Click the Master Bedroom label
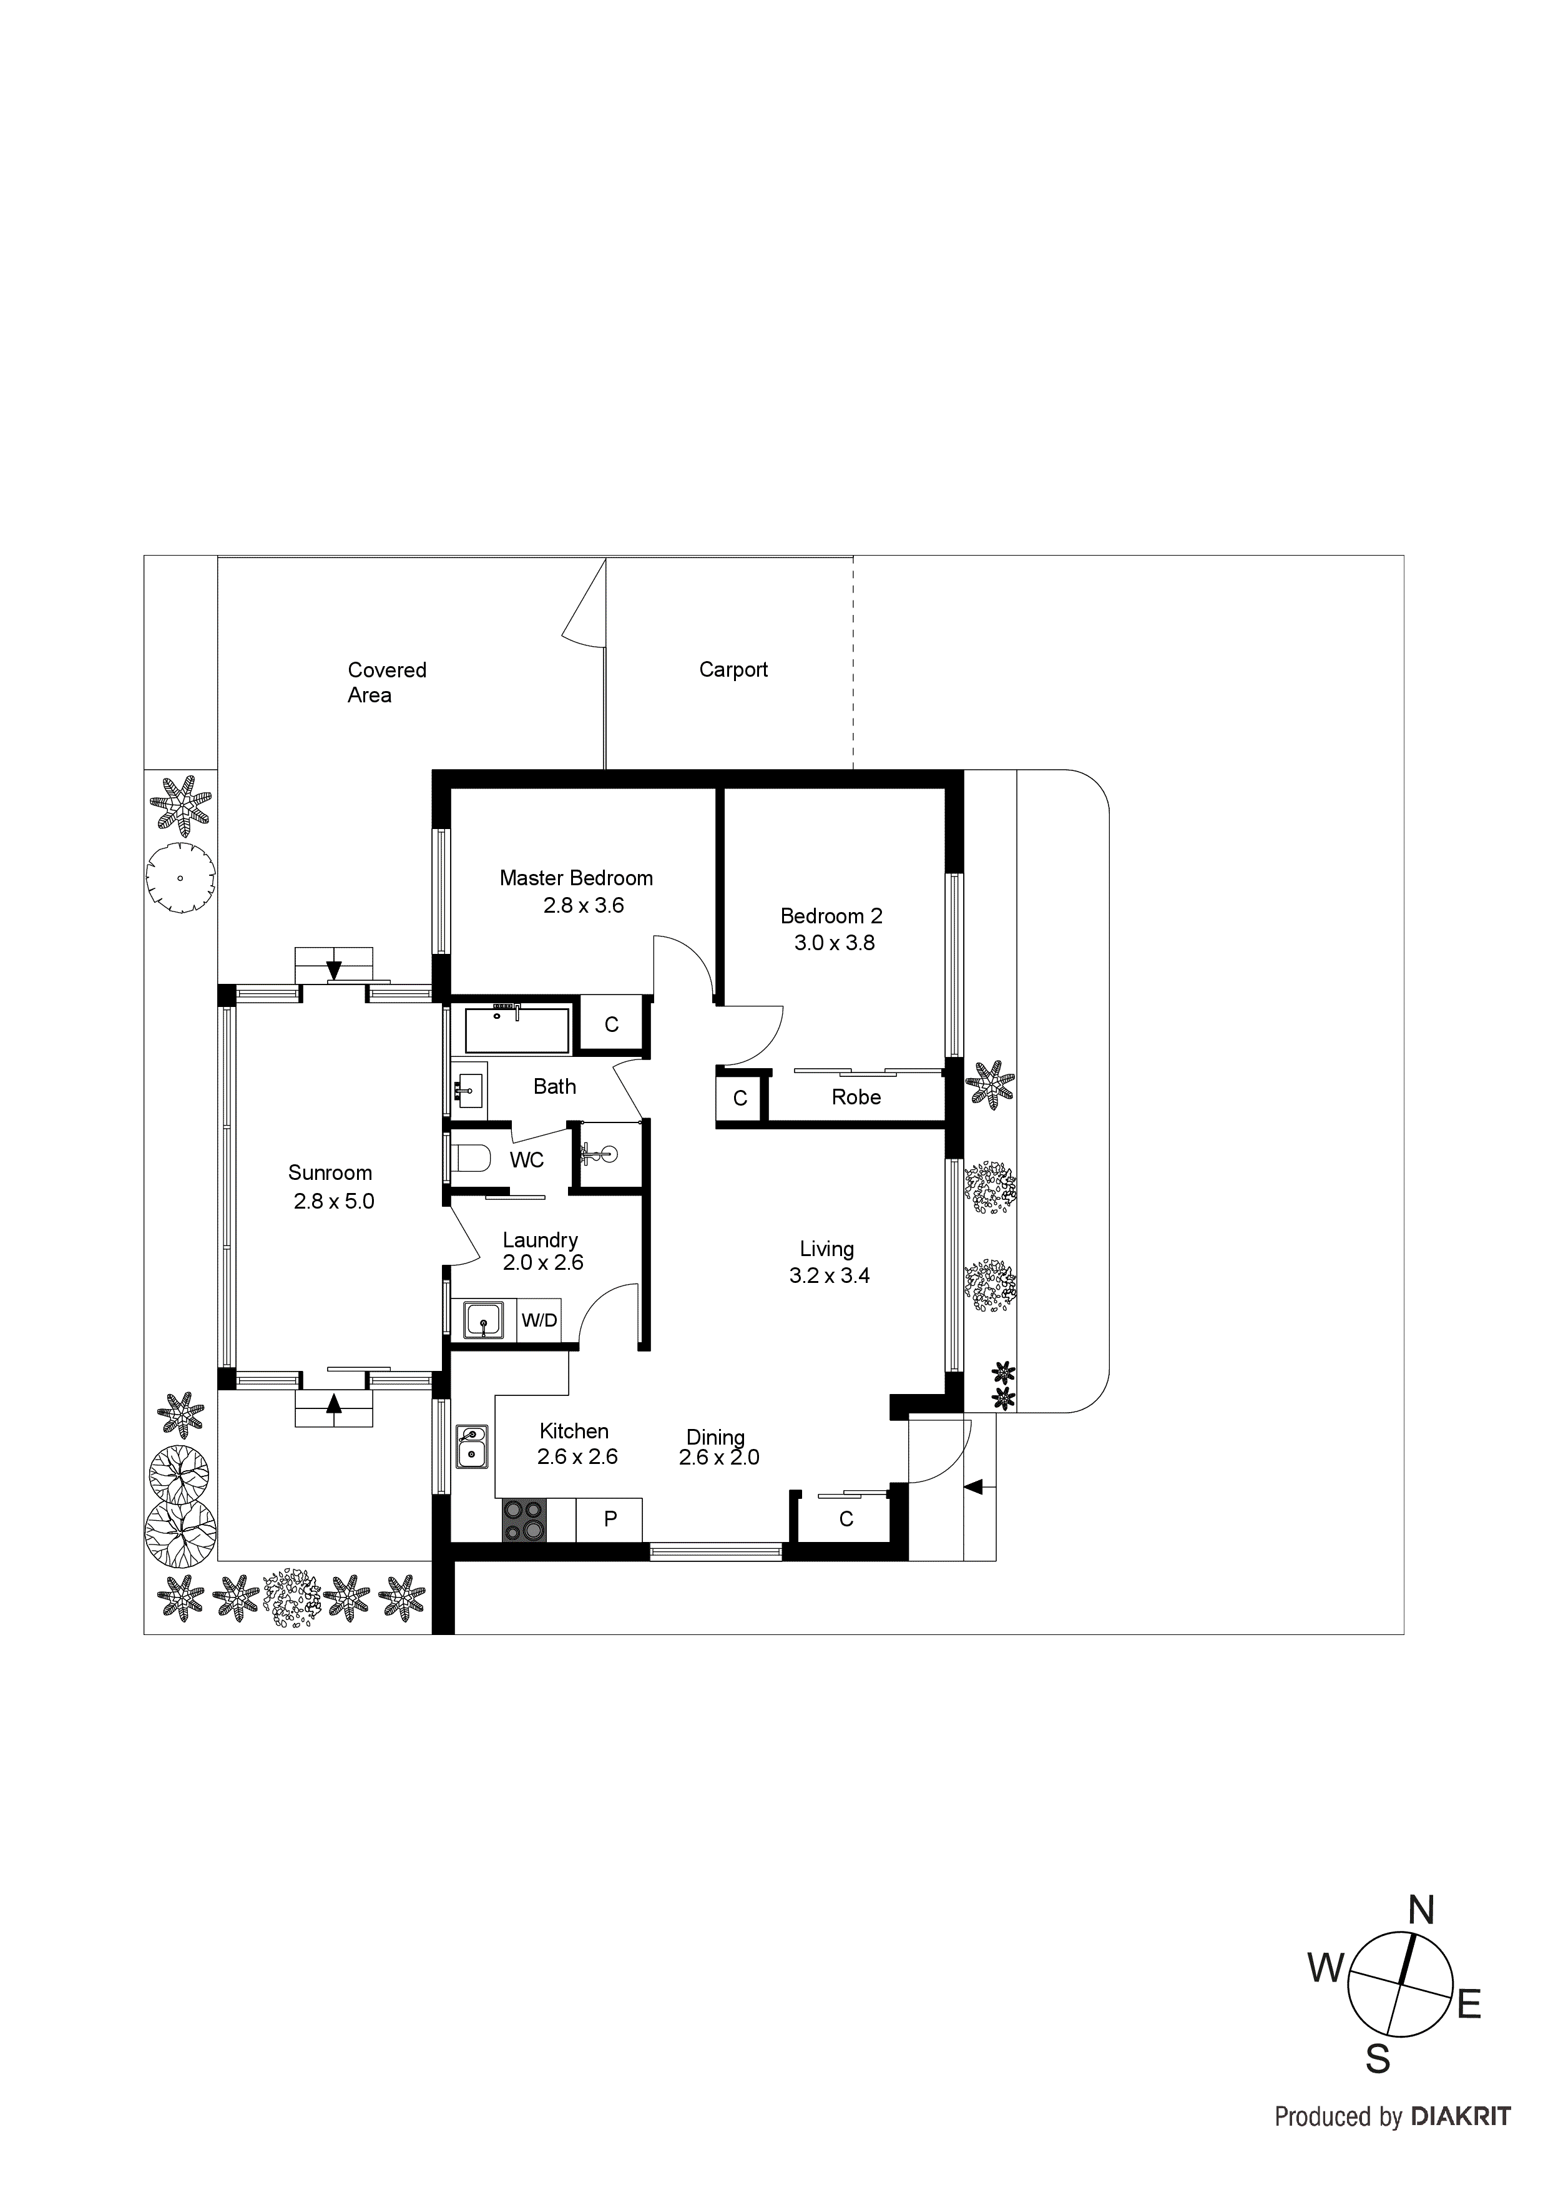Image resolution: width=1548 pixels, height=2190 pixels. [x=576, y=878]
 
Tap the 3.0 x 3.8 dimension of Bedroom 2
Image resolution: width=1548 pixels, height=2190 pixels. [x=834, y=943]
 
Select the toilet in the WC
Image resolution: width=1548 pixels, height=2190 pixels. [x=469, y=1158]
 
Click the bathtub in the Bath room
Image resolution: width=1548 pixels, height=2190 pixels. [x=516, y=1030]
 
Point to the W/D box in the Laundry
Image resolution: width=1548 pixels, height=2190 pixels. [x=539, y=1320]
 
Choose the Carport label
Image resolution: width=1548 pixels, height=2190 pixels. [x=733, y=670]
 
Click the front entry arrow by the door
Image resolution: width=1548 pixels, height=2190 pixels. [x=973, y=1486]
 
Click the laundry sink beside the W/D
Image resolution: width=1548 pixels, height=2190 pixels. [x=484, y=1321]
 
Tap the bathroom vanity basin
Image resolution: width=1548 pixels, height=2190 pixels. [x=468, y=1086]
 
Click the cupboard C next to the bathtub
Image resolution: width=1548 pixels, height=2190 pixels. [x=611, y=1024]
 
